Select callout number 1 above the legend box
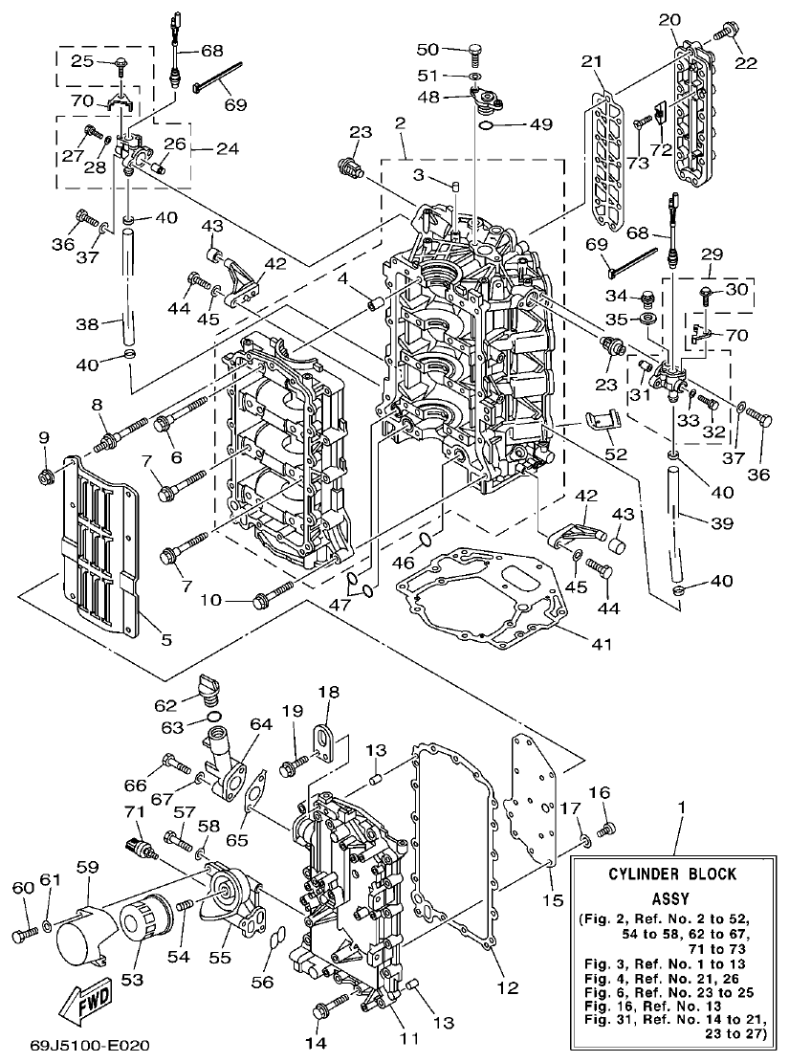(681, 808)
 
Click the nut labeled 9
(44, 476)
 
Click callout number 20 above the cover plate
(668, 18)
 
